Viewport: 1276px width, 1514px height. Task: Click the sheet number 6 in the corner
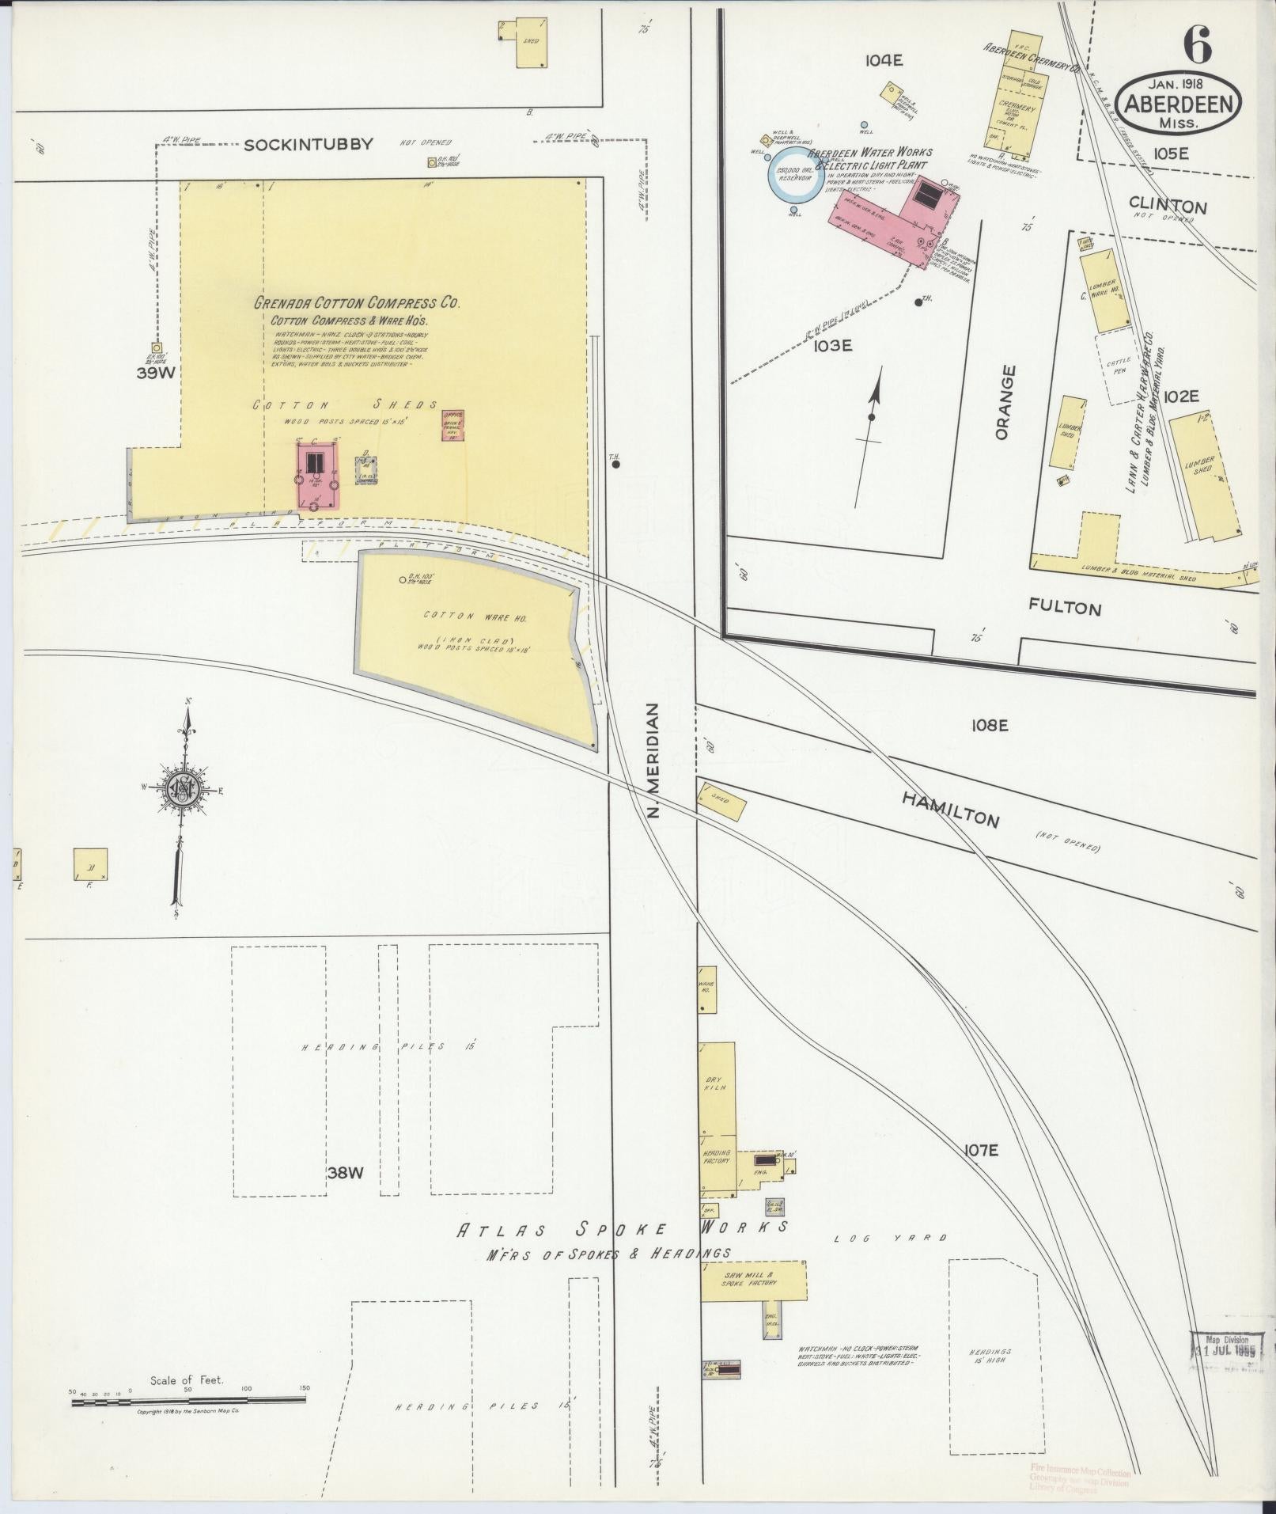point(1197,45)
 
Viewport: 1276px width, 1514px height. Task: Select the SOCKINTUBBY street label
point(309,144)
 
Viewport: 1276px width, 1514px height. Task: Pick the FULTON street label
point(1065,608)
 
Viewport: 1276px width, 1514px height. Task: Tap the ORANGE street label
point(1004,402)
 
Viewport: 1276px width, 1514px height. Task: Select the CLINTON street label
point(1168,207)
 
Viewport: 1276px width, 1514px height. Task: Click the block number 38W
point(344,1173)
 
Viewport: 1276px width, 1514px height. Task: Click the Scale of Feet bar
point(188,1401)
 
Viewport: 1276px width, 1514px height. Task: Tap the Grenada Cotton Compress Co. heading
point(357,303)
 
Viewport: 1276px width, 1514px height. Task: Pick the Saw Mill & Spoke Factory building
point(753,1280)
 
